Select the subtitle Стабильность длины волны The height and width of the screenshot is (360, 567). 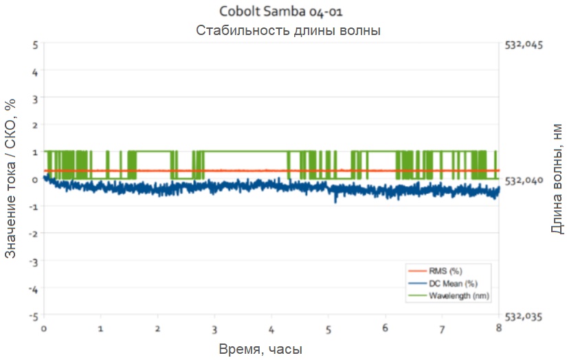[x=288, y=30]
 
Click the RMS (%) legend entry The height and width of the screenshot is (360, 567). [x=445, y=271]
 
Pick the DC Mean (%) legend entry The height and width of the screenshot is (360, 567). [x=453, y=283]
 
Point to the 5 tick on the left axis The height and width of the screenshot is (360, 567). [x=34, y=44]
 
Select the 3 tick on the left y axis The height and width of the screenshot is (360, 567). [x=34, y=98]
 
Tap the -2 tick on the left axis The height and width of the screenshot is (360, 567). [x=33, y=234]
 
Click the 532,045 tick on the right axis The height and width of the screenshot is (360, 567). [x=524, y=45]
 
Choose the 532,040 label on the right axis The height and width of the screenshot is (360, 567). [x=524, y=180]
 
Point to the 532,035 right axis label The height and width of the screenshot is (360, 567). [x=524, y=317]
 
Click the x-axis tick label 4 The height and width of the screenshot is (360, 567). [x=272, y=328]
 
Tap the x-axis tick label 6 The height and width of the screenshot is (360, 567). [x=386, y=328]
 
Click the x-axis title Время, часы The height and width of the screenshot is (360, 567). [x=260, y=349]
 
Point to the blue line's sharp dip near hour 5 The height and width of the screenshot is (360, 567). [x=335, y=201]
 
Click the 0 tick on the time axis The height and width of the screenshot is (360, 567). [x=44, y=328]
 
